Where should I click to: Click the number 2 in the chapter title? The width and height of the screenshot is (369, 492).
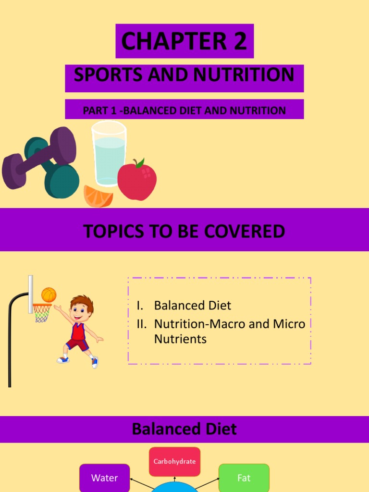(x=238, y=41)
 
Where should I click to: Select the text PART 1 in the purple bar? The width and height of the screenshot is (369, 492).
(x=100, y=111)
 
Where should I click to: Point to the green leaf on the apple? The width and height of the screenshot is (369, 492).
(x=140, y=163)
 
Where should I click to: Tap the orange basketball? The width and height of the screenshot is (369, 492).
(x=49, y=294)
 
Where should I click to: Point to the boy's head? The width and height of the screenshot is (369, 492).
(x=81, y=309)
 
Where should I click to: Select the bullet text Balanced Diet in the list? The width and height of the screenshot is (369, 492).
(x=193, y=306)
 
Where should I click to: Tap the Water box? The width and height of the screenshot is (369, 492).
(x=104, y=478)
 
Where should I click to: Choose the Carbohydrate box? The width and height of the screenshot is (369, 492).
(x=174, y=462)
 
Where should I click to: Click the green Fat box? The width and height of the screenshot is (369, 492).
(x=244, y=478)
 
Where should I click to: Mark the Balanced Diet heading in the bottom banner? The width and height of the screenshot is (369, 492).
(x=184, y=429)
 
